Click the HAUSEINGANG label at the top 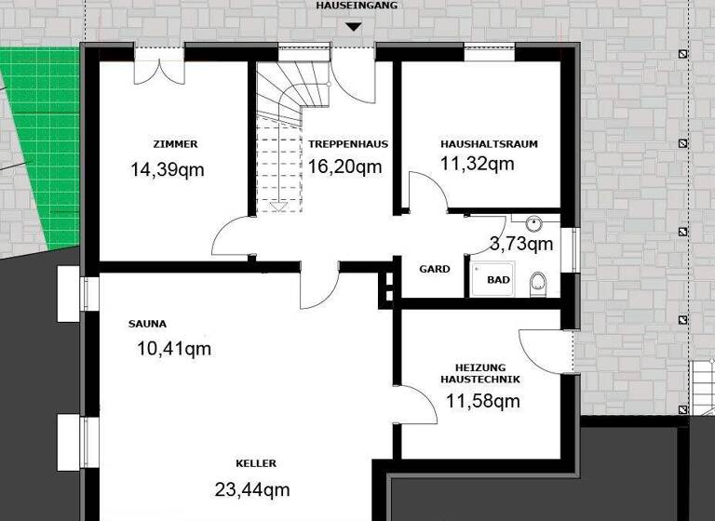357,6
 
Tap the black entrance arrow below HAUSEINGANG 353,26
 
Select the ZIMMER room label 175,144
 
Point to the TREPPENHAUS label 348,144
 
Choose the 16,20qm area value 345,167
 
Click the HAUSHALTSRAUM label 489,144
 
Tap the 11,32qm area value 477,164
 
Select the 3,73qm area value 521,245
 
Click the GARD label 435,269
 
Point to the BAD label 498,279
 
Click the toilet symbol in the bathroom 538,281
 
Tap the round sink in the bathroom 534,223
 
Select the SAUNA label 147,325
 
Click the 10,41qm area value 174,349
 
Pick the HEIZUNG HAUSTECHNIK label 480,373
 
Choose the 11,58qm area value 482,402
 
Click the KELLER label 256,463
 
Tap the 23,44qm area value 252,489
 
